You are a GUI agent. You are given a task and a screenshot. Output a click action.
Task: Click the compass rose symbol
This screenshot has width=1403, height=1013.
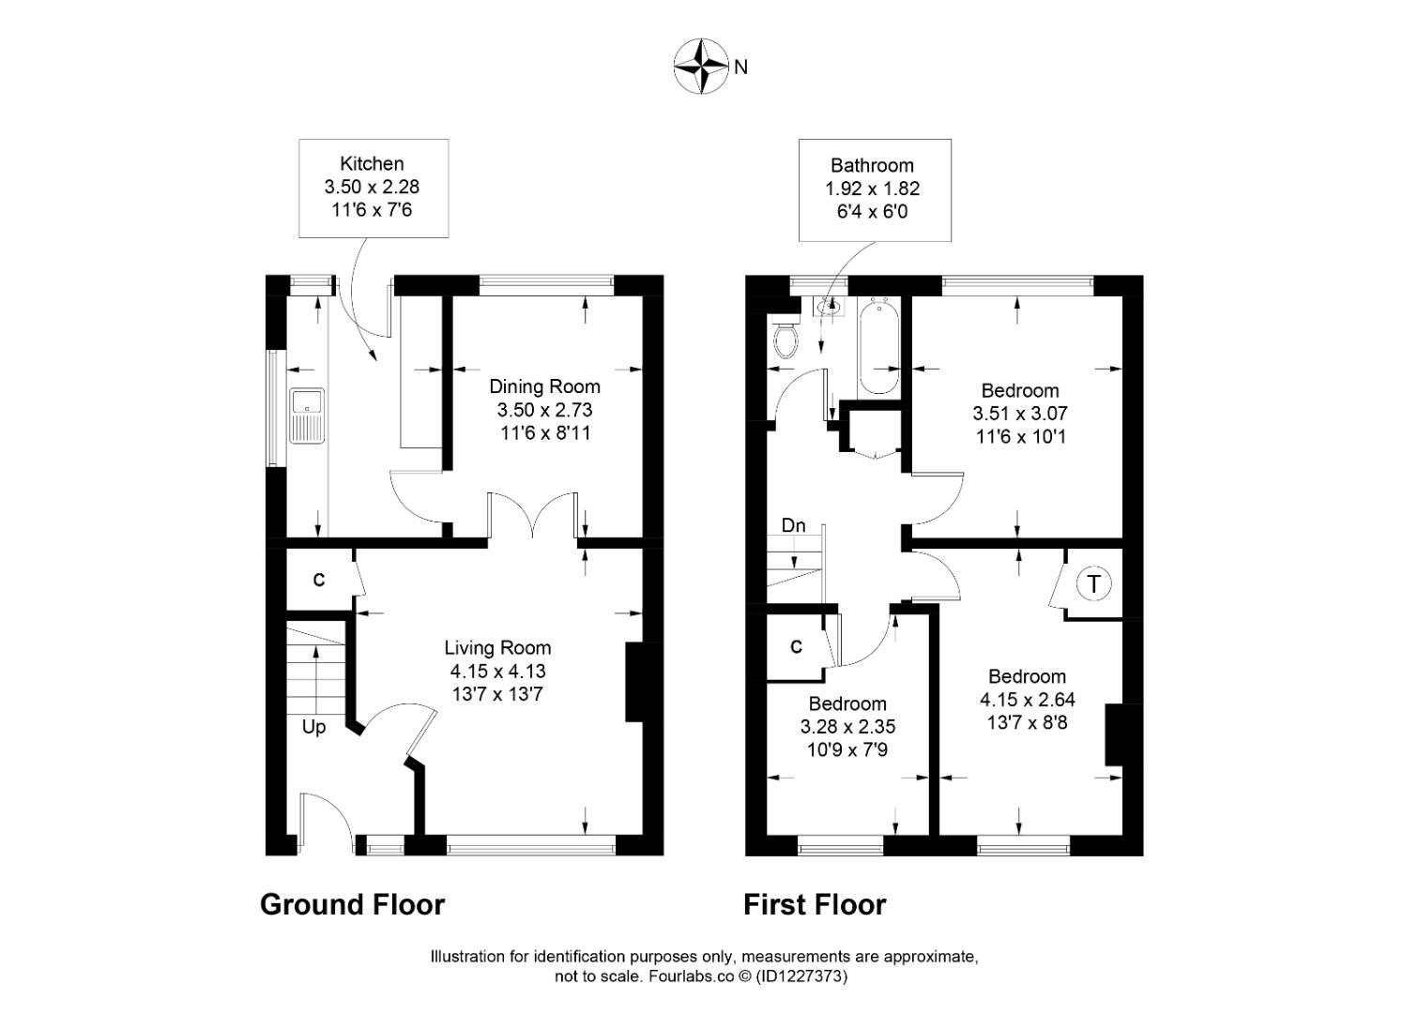tap(701, 67)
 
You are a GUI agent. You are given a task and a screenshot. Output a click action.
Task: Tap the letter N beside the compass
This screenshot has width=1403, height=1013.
tap(741, 67)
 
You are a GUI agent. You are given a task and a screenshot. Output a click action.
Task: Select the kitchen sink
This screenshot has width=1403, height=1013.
tap(307, 416)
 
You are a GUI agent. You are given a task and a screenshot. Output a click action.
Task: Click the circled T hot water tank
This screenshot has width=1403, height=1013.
tap(1093, 583)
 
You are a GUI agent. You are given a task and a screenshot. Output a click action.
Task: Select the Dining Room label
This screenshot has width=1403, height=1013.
tap(544, 386)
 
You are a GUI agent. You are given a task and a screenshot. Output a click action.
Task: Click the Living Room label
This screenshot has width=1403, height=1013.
tap(497, 647)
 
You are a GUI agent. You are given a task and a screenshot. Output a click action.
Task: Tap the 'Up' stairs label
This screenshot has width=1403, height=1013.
tap(313, 727)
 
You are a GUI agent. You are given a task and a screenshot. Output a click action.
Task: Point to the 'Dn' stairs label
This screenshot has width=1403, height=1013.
tap(793, 525)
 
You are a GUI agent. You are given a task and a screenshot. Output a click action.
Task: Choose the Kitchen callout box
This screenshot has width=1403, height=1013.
tap(374, 187)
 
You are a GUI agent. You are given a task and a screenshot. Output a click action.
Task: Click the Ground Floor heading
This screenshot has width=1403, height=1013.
tap(352, 904)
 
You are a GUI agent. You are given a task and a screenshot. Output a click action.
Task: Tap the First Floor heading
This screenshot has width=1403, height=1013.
tap(815, 904)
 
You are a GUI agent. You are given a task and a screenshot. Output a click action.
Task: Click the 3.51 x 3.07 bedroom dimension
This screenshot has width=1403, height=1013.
tap(1020, 414)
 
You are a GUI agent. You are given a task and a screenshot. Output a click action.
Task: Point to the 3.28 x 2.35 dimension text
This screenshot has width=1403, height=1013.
tap(847, 727)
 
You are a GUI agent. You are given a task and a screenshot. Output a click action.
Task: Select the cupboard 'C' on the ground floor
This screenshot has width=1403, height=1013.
tap(318, 581)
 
